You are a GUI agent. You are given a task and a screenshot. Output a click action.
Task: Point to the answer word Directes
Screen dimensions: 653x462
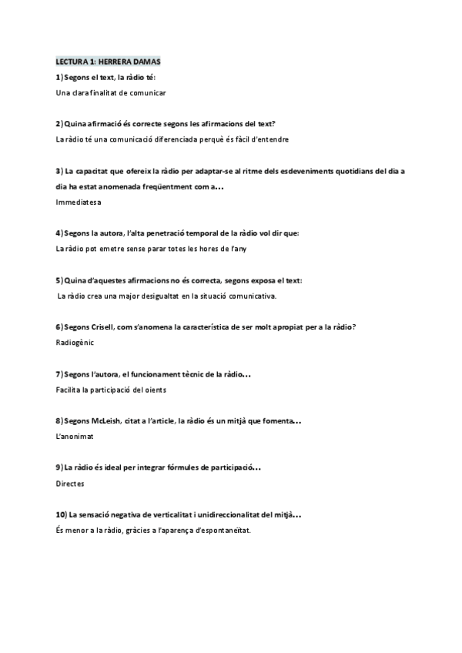click(70, 484)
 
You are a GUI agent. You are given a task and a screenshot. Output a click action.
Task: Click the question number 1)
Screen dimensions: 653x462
click(59, 77)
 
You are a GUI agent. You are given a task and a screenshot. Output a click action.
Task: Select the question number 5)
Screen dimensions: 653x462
click(59, 280)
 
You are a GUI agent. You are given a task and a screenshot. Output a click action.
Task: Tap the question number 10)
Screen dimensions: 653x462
click(61, 514)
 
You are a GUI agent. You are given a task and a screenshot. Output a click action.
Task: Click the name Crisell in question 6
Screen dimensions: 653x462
click(105, 327)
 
